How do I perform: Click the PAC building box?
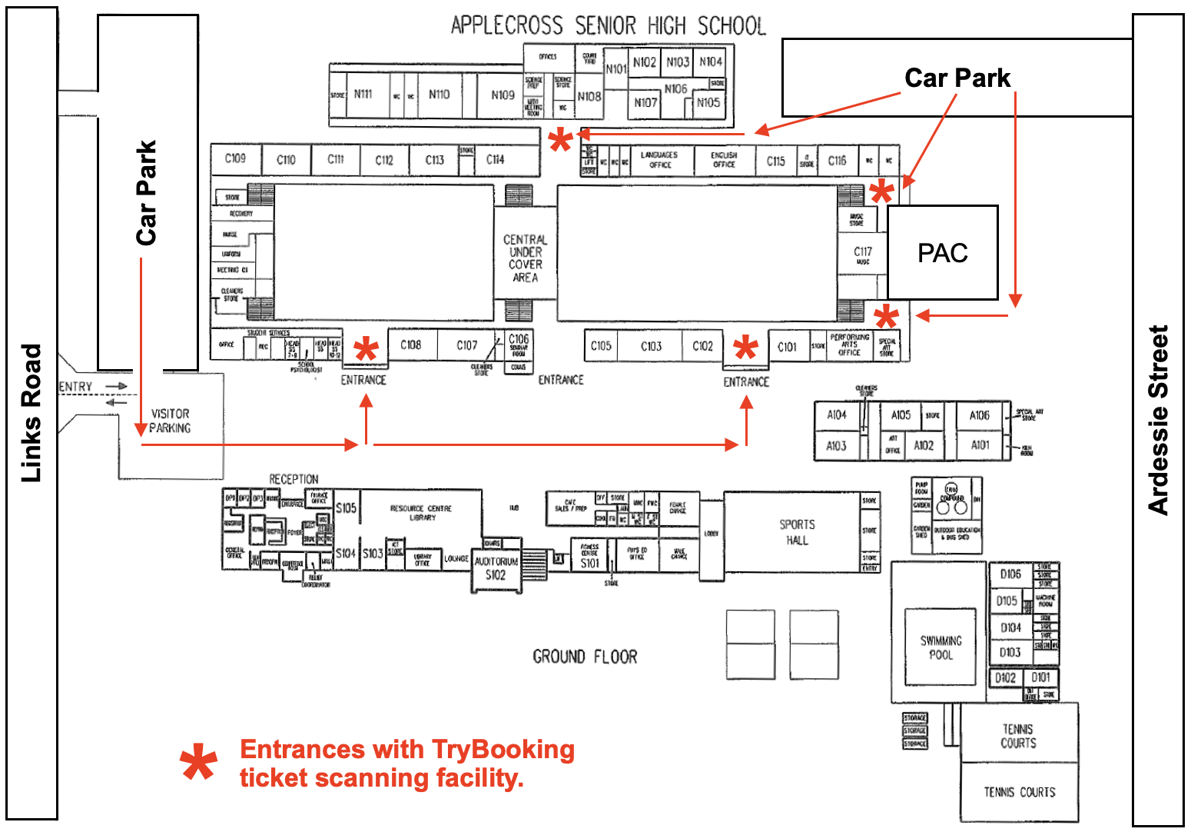click(942, 252)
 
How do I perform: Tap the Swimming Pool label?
click(941, 647)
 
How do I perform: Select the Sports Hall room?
click(797, 532)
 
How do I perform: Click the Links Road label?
click(31, 413)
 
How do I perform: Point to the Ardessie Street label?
click(1157, 419)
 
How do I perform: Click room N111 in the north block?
click(363, 95)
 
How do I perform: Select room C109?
click(235, 158)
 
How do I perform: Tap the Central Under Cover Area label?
click(526, 258)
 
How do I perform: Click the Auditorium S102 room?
click(496, 569)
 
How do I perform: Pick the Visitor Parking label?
click(170, 421)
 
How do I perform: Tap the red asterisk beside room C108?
click(367, 351)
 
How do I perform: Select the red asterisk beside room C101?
click(745, 349)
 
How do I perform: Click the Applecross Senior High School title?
click(608, 26)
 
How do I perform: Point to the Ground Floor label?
click(585, 657)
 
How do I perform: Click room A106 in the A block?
click(979, 415)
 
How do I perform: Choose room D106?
click(1010, 574)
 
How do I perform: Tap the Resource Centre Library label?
click(421, 513)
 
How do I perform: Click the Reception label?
click(293, 479)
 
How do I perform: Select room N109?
click(503, 95)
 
